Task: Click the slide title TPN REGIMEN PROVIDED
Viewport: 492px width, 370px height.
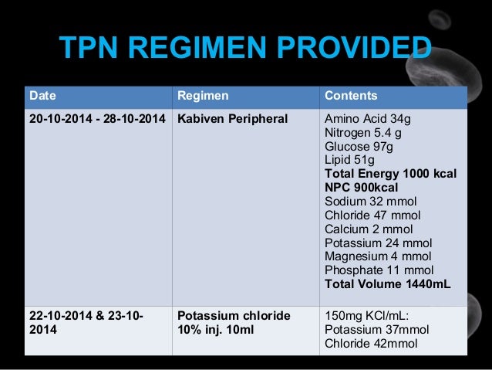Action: pyautogui.click(x=245, y=51)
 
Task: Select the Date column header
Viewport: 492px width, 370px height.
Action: pyautogui.click(x=42, y=97)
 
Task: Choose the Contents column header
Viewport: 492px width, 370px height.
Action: pyautogui.click(x=351, y=97)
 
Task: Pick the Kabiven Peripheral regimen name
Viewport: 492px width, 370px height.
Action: pyautogui.click(x=232, y=119)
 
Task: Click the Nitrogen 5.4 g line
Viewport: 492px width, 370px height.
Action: pyautogui.click(x=365, y=133)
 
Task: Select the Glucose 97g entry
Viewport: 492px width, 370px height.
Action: pyautogui.click(x=360, y=147)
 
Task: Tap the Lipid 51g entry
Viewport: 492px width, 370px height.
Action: pyautogui.click(x=352, y=160)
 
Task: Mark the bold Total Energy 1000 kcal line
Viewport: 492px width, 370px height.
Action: pyautogui.click(x=390, y=174)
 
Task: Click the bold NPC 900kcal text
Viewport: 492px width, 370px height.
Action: pyautogui.click(x=361, y=188)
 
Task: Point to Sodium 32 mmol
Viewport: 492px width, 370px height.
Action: pyautogui.click(x=371, y=202)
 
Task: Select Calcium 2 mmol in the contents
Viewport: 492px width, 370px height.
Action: pyautogui.click(x=369, y=229)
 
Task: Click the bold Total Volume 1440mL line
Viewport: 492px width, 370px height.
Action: pyautogui.click(x=387, y=284)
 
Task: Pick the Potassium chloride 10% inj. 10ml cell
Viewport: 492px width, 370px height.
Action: pyautogui.click(x=234, y=323)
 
